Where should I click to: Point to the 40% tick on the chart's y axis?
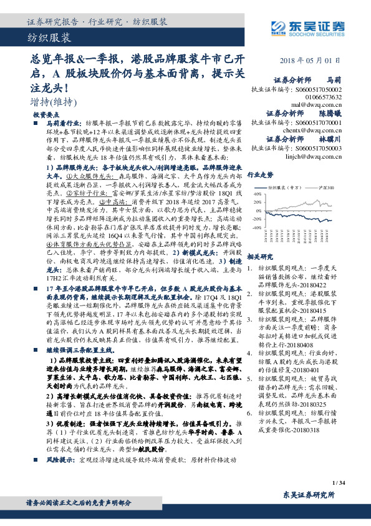click(258, 195)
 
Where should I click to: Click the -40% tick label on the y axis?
click(257, 228)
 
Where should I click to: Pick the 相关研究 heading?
click(260, 257)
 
